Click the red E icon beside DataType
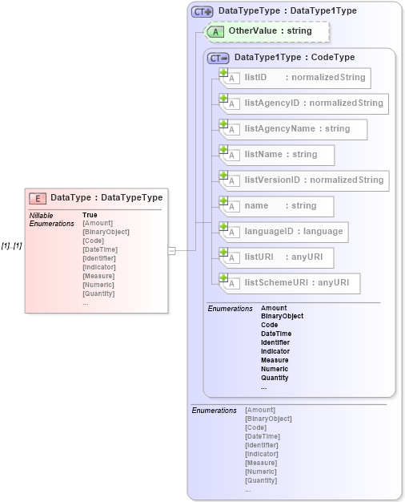37,198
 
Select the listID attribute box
295,78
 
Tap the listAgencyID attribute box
305,103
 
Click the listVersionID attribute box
305,180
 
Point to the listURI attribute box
277,257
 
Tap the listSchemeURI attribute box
290,283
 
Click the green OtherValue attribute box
268,31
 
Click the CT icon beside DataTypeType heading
202,12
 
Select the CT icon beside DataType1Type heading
218,58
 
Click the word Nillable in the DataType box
41,215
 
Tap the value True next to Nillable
90,215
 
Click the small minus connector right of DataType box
171,251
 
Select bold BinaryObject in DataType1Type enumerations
282,317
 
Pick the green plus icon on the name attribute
224,201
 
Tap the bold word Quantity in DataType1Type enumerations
275,378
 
